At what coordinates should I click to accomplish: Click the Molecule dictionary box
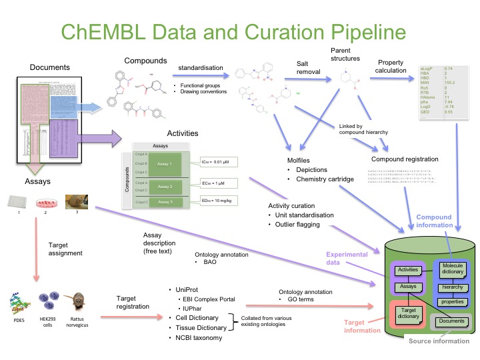(453, 272)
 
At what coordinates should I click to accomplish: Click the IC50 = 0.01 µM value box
(218, 162)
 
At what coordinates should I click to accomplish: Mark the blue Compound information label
(434, 222)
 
